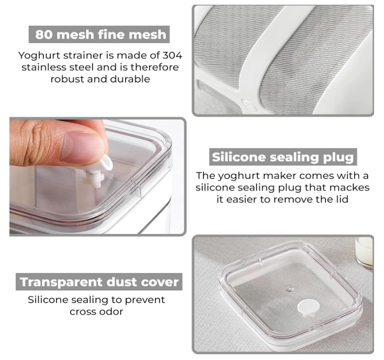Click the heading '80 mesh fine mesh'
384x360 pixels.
pyautogui.click(x=100, y=35)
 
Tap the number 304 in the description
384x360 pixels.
pyautogui.click(x=173, y=55)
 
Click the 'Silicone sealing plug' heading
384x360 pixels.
pyautogui.click(x=283, y=157)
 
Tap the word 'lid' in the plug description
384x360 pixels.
pyautogui.click(x=342, y=199)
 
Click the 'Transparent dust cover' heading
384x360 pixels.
pyautogui.click(x=99, y=282)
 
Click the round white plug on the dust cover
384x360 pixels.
pyautogui.click(x=308, y=308)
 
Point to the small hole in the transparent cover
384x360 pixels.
pyautogui.click(x=290, y=289)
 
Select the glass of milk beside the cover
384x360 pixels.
pyautogui.click(x=364, y=253)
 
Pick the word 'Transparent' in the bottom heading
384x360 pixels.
pyautogui.click(x=61, y=282)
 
